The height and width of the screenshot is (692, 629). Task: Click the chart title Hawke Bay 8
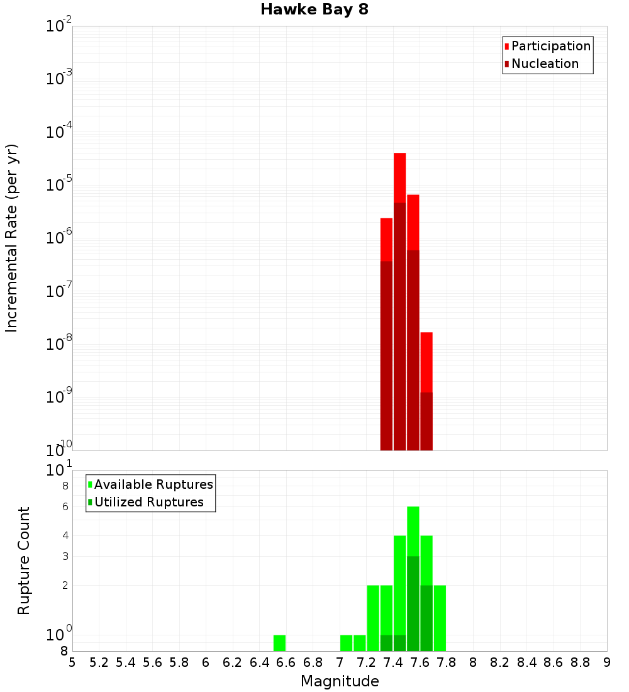314,9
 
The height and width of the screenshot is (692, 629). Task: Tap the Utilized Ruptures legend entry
148,502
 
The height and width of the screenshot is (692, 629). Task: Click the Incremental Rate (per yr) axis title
11,238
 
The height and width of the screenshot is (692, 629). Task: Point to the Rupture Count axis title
23,561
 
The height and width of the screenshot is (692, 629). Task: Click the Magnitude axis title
340,681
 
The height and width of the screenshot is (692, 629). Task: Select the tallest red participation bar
399,176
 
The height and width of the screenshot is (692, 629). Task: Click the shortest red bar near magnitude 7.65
426,362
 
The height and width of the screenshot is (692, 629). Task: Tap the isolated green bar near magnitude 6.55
279,642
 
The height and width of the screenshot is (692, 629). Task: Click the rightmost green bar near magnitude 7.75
440,617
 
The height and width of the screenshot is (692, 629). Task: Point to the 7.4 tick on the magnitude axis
393,662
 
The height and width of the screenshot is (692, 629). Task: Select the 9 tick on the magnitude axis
606,662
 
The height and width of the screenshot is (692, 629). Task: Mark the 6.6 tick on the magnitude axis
286,662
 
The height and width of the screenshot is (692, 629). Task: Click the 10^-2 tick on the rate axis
59,26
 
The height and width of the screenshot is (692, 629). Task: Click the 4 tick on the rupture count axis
65,535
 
